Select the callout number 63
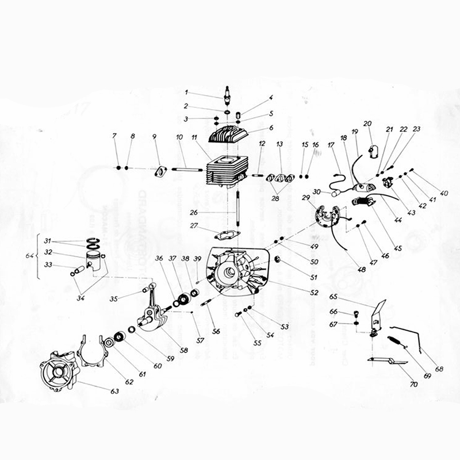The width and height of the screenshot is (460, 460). tap(114, 390)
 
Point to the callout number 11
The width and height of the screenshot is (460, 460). tap(194, 138)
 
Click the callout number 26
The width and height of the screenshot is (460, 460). tap(194, 212)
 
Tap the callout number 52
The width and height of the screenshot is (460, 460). tap(313, 293)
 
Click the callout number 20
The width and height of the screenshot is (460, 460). tap(367, 124)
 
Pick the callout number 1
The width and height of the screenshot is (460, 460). tap(186, 92)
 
